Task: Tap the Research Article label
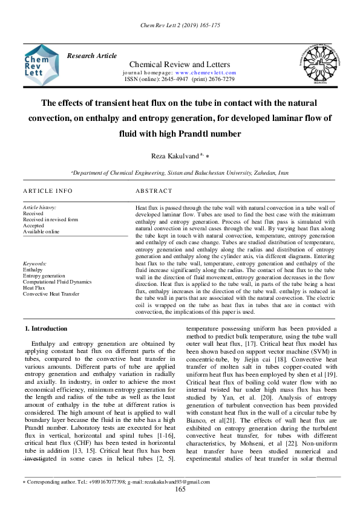(x=92, y=56)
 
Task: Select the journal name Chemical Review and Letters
(x=180, y=65)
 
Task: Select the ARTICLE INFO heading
(x=48, y=191)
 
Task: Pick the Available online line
(x=41, y=232)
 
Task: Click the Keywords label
(x=34, y=264)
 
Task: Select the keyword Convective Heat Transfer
(x=51, y=294)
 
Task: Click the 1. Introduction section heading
(x=45, y=328)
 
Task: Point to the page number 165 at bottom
(x=180, y=489)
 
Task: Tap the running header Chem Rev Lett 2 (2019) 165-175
(x=180, y=26)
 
